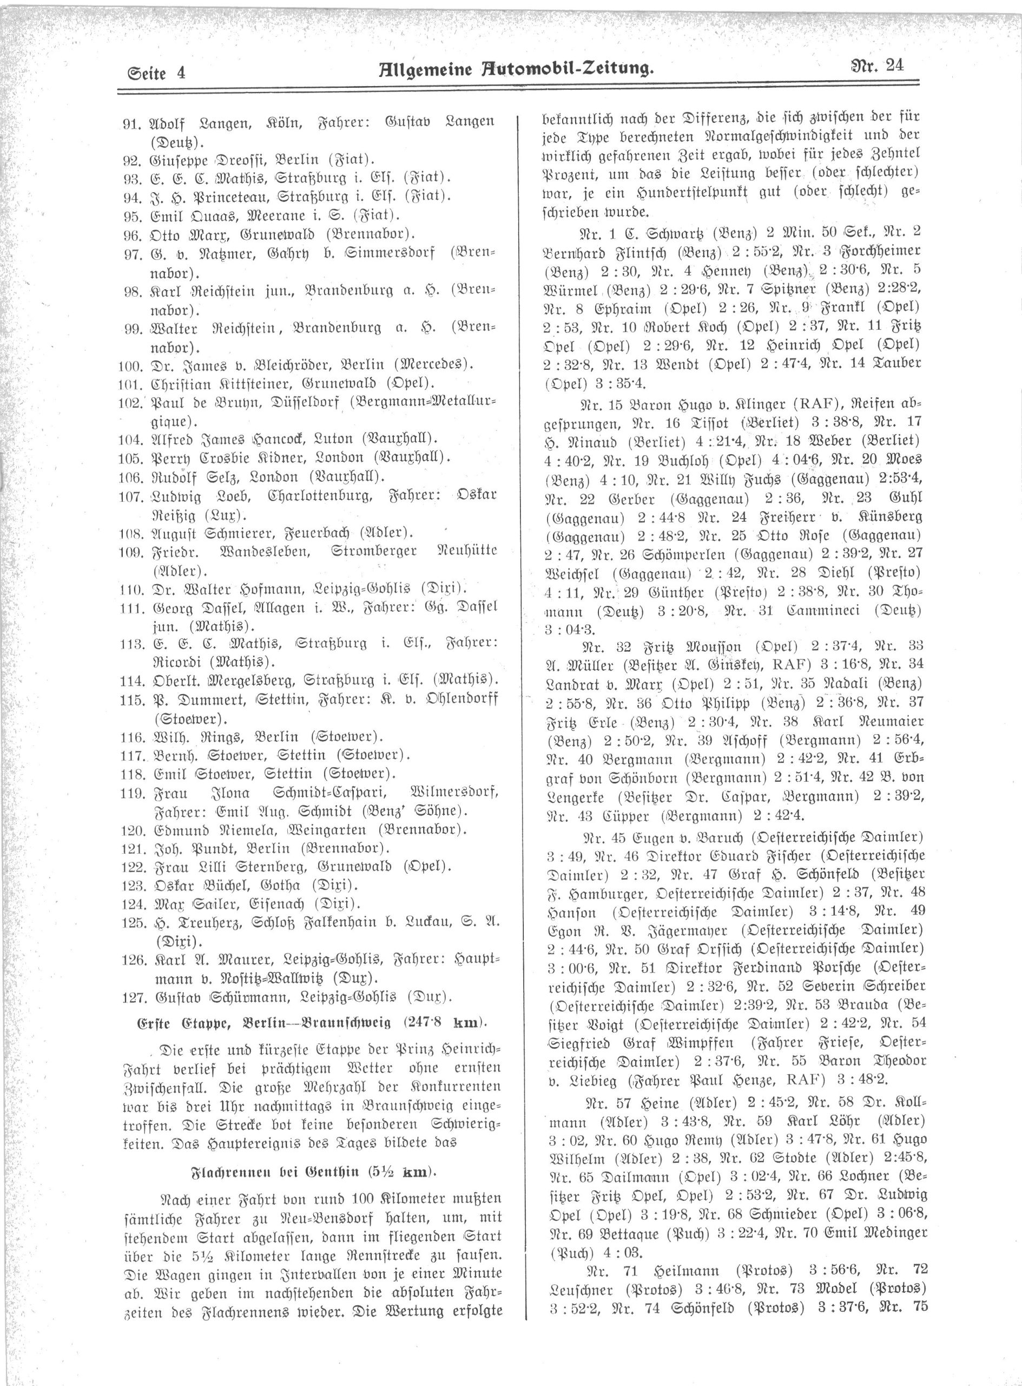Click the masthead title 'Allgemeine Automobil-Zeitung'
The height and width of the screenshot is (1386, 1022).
(516, 68)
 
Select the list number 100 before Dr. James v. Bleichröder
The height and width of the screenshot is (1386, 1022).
(130, 364)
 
